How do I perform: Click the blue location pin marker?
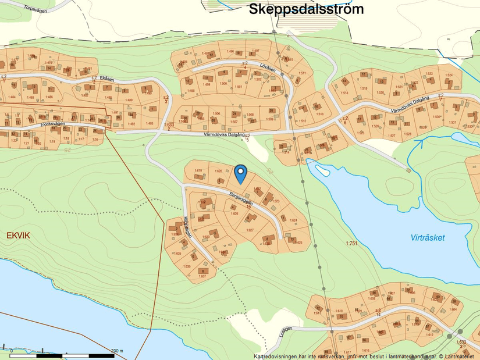[240, 173]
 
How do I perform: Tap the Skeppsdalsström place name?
[306, 9]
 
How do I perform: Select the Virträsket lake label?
[427, 238]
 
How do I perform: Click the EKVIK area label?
[17, 235]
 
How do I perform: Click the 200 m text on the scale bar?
[117, 351]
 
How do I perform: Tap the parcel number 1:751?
[351, 243]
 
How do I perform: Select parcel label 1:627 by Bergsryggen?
[250, 230]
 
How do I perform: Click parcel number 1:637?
[202, 276]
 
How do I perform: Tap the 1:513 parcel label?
[320, 114]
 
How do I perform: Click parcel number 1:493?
[150, 123]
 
